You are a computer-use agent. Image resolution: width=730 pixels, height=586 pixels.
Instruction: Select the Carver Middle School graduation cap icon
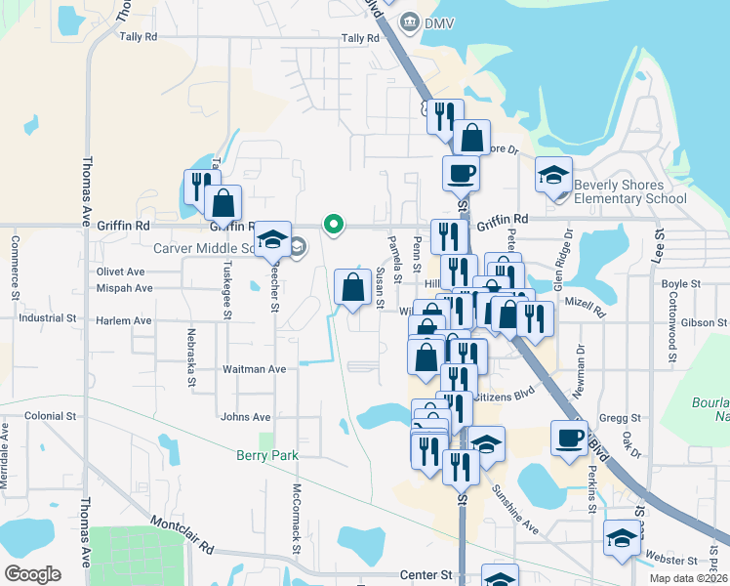(272, 239)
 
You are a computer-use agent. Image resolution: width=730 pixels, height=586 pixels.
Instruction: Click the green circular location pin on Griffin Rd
(334, 225)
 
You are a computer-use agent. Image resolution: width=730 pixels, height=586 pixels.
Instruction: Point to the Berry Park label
(266, 455)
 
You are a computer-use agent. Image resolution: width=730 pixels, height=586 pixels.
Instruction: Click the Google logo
(32, 574)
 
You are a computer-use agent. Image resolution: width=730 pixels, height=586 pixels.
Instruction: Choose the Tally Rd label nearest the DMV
(359, 39)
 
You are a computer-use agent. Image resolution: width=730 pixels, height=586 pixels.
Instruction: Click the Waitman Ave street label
(254, 369)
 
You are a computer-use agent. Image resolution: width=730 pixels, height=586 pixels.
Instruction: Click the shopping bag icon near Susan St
(351, 287)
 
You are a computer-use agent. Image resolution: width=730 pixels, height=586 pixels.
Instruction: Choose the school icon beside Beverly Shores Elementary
(553, 176)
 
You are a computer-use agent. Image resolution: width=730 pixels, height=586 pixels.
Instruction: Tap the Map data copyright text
(689, 578)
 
